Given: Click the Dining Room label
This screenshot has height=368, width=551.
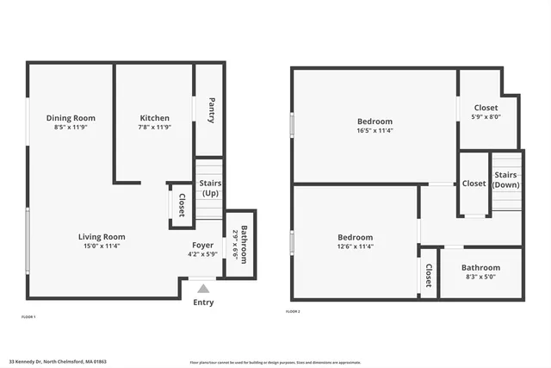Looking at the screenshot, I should click(x=71, y=118).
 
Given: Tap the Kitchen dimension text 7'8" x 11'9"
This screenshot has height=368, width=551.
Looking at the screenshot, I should click(x=155, y=127).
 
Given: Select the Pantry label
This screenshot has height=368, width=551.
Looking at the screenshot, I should click(x=211, y=109).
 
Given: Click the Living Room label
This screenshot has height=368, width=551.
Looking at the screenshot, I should click(x=102, y=237).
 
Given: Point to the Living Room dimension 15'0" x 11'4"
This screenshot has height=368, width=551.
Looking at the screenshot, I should click(x=102, y=246).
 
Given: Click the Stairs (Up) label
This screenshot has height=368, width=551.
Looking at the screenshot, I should click(x=210, y=188).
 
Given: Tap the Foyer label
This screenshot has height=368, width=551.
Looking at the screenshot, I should click(x=203, y=245).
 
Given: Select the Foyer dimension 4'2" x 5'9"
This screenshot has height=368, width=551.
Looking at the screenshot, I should click(x=203, y=254).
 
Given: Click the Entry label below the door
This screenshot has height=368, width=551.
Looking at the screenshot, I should click(x=203, y=303).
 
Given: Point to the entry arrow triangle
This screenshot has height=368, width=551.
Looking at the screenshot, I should click(x=203, y=290).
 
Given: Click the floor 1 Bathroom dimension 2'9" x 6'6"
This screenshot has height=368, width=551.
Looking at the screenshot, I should click(x=235, y=245).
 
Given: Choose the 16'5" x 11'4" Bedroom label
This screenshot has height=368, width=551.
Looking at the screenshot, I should click(x=375, y=122).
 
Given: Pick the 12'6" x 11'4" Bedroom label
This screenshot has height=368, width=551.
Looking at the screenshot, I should click(x=355, y=237).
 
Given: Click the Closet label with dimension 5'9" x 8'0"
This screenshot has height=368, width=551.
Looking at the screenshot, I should click(x=486, y=109).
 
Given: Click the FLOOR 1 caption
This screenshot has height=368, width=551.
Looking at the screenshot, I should click(x=28, y=317).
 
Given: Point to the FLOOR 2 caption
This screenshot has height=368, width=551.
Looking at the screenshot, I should click(x=293, y=311).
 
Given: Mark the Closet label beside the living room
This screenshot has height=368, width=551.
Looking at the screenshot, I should click(x=183, y=204).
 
